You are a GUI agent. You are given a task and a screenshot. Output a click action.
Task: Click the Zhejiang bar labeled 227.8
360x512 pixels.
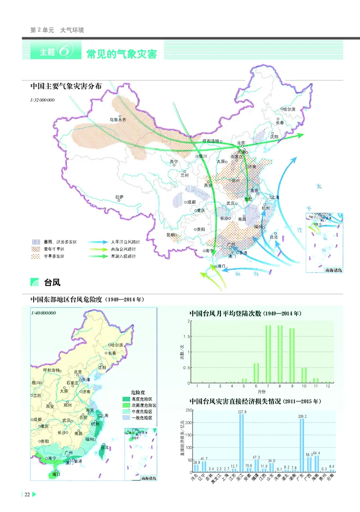pos(242,443)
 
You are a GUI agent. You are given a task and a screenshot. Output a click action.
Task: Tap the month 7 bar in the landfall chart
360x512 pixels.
pos(268,354)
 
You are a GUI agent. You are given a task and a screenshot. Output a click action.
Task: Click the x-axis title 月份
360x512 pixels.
pos(262,391)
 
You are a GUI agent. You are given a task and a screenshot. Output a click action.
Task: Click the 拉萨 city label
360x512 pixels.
pos(119,197)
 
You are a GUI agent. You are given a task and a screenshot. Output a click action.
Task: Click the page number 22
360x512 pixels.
pos(27,494)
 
